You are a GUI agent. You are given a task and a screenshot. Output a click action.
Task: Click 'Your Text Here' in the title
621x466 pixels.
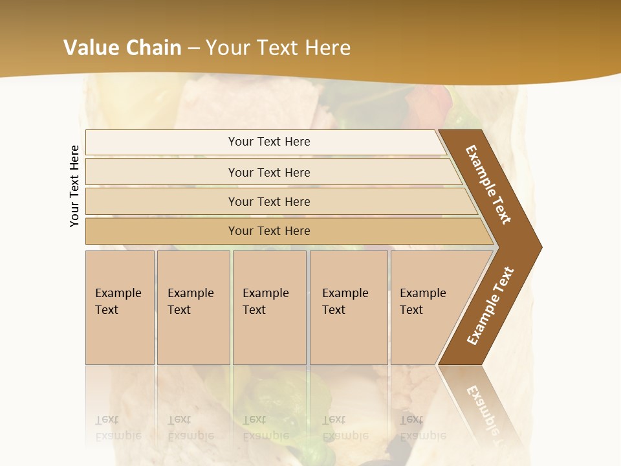[x=278, y=48]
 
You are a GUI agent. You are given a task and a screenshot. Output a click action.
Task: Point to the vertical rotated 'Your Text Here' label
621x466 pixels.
[x=74, y=186]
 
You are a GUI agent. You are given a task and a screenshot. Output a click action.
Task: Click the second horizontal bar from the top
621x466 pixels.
[x=269, y=172]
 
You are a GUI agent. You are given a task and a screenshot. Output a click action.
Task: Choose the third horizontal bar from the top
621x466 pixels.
[x=269, y=201]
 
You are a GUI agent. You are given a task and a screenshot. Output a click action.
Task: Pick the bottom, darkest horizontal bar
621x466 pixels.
[x=269, y=231]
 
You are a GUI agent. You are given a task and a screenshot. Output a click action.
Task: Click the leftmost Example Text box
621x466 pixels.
[x=120, y=307]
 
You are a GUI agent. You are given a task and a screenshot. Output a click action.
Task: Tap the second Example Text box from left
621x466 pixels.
[x=193, y=307]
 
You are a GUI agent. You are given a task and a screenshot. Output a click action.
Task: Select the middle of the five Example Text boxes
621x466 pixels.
[x=269, y=307]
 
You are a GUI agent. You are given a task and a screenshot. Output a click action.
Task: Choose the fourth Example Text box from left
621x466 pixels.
[x=348, y=307]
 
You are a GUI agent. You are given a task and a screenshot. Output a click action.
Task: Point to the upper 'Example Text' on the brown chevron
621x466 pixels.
[x=488, y=185]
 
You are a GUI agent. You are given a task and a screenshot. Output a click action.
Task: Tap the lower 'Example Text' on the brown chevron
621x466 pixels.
[x=490, y=306]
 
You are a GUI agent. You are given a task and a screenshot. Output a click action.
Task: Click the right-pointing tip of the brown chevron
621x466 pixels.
[x=538, y=247]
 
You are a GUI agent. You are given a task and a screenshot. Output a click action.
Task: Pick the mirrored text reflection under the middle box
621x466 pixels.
[x=265, y=428]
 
